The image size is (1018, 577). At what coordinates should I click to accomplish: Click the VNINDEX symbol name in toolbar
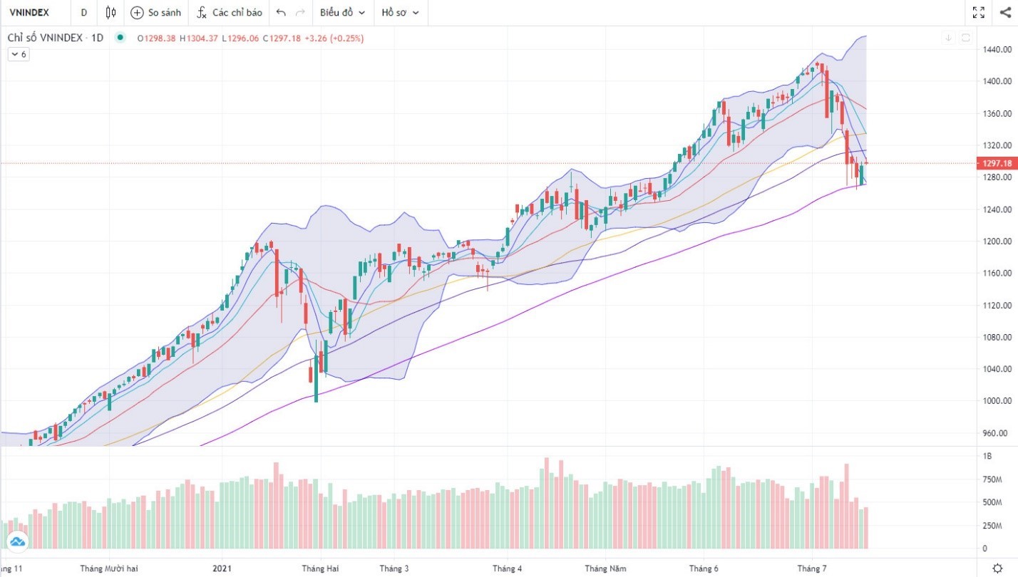[29, 12]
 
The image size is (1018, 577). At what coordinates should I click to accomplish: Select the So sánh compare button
[155, 12]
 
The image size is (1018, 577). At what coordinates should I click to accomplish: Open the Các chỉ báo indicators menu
[229, 12]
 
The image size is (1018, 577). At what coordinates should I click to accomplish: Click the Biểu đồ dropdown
[342, 12]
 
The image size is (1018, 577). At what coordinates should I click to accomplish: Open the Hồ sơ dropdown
[400, 12]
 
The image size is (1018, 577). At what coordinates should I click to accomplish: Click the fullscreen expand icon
[978, 12]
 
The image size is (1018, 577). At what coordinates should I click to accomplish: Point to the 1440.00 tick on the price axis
[998, 49]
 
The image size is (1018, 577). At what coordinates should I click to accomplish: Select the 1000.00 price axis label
[998, 401]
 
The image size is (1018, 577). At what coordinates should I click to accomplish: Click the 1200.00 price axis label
[998, 241]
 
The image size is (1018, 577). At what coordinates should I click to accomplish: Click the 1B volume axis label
[987, 456]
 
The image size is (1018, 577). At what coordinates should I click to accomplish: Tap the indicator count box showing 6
[19, 54]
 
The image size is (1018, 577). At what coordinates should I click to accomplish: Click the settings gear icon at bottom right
[997, 568]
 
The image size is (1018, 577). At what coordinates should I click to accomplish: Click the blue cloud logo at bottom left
[17, 542]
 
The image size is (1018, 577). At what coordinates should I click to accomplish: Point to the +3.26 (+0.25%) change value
[334, 38]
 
